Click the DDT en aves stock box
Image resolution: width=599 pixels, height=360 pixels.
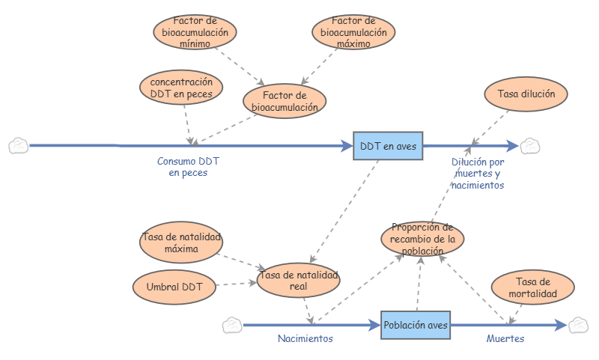388,146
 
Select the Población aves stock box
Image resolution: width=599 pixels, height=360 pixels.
416,326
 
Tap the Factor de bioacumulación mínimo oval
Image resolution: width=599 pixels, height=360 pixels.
195,32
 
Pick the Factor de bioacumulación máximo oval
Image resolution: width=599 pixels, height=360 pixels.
353,32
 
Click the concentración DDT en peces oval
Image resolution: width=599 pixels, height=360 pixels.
181,88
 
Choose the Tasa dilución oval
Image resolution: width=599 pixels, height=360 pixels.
526,94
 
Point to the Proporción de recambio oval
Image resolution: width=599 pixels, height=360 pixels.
422,239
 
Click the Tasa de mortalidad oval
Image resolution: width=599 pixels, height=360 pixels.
533,288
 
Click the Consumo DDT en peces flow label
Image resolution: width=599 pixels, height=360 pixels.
188,167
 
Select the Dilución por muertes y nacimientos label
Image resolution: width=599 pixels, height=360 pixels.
479,173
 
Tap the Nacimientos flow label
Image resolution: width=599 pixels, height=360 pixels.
305,339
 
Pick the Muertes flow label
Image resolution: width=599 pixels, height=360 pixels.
505,339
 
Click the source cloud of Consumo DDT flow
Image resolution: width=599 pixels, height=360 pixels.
18,145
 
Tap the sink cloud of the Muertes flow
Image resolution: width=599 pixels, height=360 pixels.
578,325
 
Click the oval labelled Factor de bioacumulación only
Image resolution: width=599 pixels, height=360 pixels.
285,101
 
